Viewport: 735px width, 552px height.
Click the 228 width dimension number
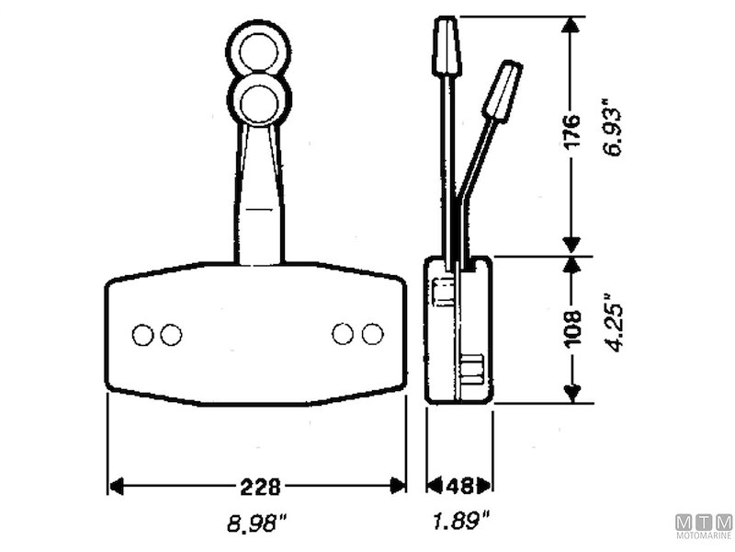(x=260, y=487)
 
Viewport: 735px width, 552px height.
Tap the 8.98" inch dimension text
(x=257, y=523)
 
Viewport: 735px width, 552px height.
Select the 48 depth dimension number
(x=459, y=487)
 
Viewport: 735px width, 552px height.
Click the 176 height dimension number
(x=571, y=131)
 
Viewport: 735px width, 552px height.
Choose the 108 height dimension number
(x=572, y=329)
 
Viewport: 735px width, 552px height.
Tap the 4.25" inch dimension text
(x=614, y=323)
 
